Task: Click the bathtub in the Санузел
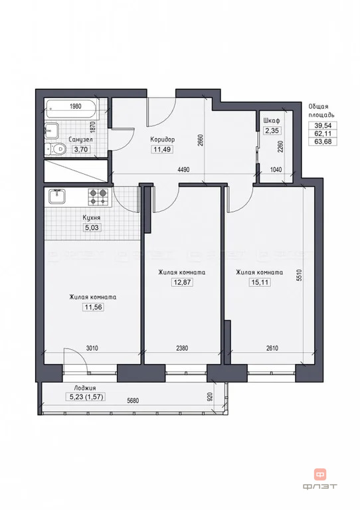[72, 109]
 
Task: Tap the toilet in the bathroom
[54, 149]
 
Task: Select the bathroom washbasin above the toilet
[51, 131]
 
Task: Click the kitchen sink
[57, 197]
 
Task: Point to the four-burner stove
[98, 197]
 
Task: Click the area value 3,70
[81, 149]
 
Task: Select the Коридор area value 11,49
[162, 149]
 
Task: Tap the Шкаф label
[272, 121]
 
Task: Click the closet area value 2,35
[272, 131]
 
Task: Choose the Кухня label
[92, 218]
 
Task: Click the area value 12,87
[182, 282]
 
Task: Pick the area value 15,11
[260, 282]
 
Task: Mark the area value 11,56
[94, 307]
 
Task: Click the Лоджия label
[84, 388]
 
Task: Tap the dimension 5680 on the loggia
[132, 400]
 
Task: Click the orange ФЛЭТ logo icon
[319, 474]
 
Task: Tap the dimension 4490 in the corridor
[183, 170]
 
